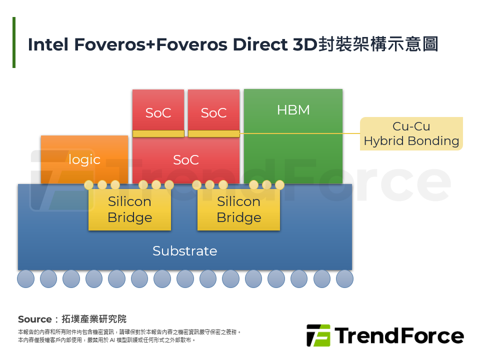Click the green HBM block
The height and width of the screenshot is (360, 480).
pos(293,135)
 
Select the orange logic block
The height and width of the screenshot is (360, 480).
pos(84,159)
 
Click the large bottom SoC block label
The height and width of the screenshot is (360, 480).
pos(185,160)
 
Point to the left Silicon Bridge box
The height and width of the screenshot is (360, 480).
pos(129,209)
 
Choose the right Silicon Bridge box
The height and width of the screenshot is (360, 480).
pos(238,209)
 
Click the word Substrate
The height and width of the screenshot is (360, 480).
pos(184,251)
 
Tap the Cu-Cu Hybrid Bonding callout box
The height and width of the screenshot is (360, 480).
pos(411,133)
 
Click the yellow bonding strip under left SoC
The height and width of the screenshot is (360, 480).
pos(158,133)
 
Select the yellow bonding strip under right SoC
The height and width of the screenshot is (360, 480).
pos(213,133)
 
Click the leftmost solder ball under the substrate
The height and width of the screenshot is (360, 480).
pos(26,278)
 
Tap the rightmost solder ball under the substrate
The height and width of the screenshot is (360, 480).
pos(344,278)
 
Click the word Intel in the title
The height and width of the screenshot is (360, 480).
pos(48,44)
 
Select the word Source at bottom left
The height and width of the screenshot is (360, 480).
pos(34,319)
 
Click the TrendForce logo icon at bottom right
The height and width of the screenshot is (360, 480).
pos(318,335)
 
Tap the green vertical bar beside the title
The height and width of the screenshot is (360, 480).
pos(14,42)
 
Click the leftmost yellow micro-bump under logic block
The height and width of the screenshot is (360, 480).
pos(89,185)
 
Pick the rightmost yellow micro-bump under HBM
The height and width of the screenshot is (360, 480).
pos(279,185)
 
